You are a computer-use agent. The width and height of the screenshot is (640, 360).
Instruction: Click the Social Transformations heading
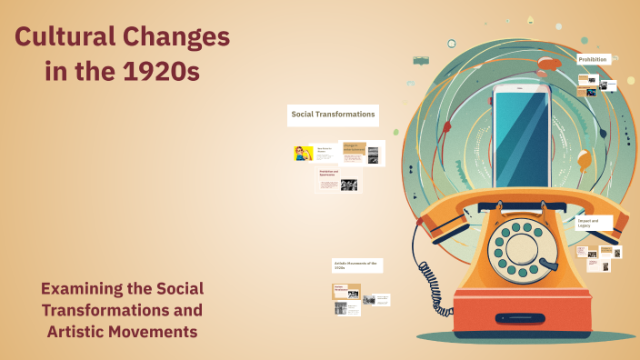tap(333, 115)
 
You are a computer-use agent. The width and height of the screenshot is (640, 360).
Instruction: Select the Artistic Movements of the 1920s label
tap(357, 265)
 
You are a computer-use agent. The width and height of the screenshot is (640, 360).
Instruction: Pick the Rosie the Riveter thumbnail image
tap(303, 153)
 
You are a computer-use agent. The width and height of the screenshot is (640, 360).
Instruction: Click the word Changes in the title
tap(179, 39)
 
